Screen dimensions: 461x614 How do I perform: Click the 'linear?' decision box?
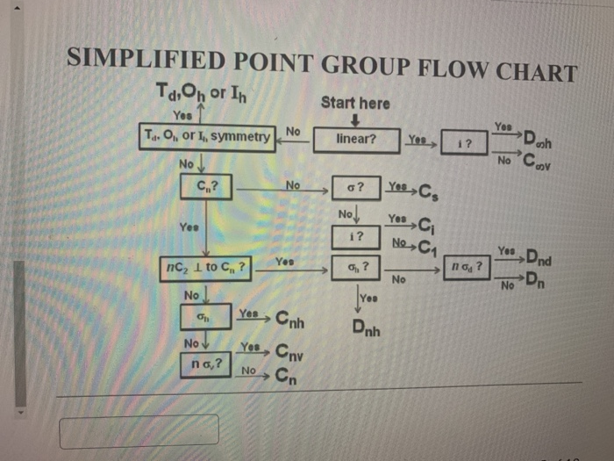pyautogui.click(x=355, y=139)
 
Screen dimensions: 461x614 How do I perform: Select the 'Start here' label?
pyautogui.click(x=355, y=103)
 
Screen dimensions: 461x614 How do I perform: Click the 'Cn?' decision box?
pyautogui.click(x=207, y=186)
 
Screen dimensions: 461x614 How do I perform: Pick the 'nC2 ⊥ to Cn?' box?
pyautogui.click(x=205, y=266)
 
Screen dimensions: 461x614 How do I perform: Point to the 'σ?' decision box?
pyautogui.click(x=355, y=187)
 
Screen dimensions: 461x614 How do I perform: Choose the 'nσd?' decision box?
pyautogui.click(x=466, y=265)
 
